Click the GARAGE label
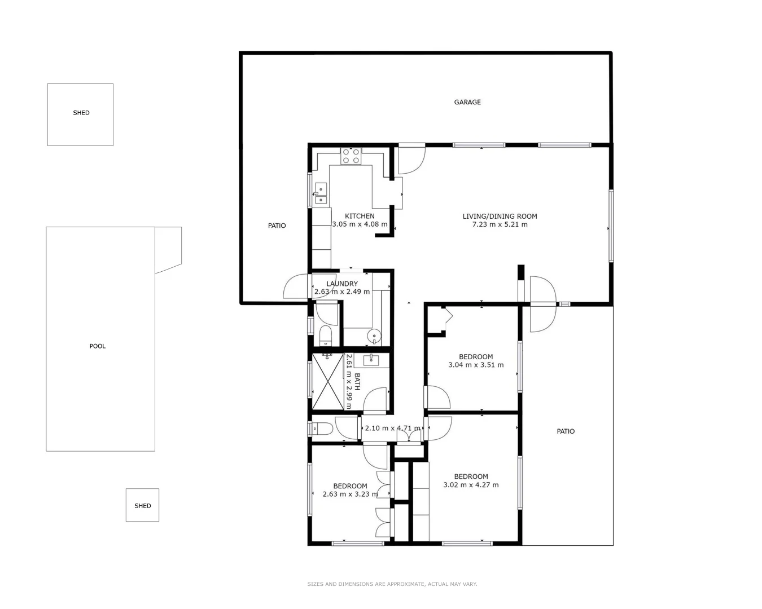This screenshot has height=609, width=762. tap(467, 102)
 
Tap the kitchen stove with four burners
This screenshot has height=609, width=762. tap(351, 156)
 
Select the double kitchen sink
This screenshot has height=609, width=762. tap(321, 193)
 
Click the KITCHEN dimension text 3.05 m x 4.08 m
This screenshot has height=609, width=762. tap(360, 224)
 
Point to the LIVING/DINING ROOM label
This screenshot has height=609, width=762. tap(500, 216)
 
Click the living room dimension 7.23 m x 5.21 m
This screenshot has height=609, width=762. tap(500, 224)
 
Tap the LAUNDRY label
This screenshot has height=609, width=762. tap(342, 284)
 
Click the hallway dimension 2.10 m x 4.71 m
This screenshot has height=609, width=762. tap(392, 428)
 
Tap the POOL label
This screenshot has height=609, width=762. tap(98, 346)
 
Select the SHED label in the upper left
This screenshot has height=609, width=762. tap(81, 113)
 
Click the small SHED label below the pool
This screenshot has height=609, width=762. tap(143, 506)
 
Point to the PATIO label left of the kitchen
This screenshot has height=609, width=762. tap(277, 226)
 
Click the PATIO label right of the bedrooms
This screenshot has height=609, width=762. tap(566, 431)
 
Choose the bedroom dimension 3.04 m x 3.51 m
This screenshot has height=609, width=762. tap(476, 365)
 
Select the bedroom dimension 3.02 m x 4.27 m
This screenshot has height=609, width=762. tap(471, 485)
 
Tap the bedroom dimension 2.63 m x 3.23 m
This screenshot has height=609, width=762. tap(350, 495)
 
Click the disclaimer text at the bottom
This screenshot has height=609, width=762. tap(392, 584)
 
